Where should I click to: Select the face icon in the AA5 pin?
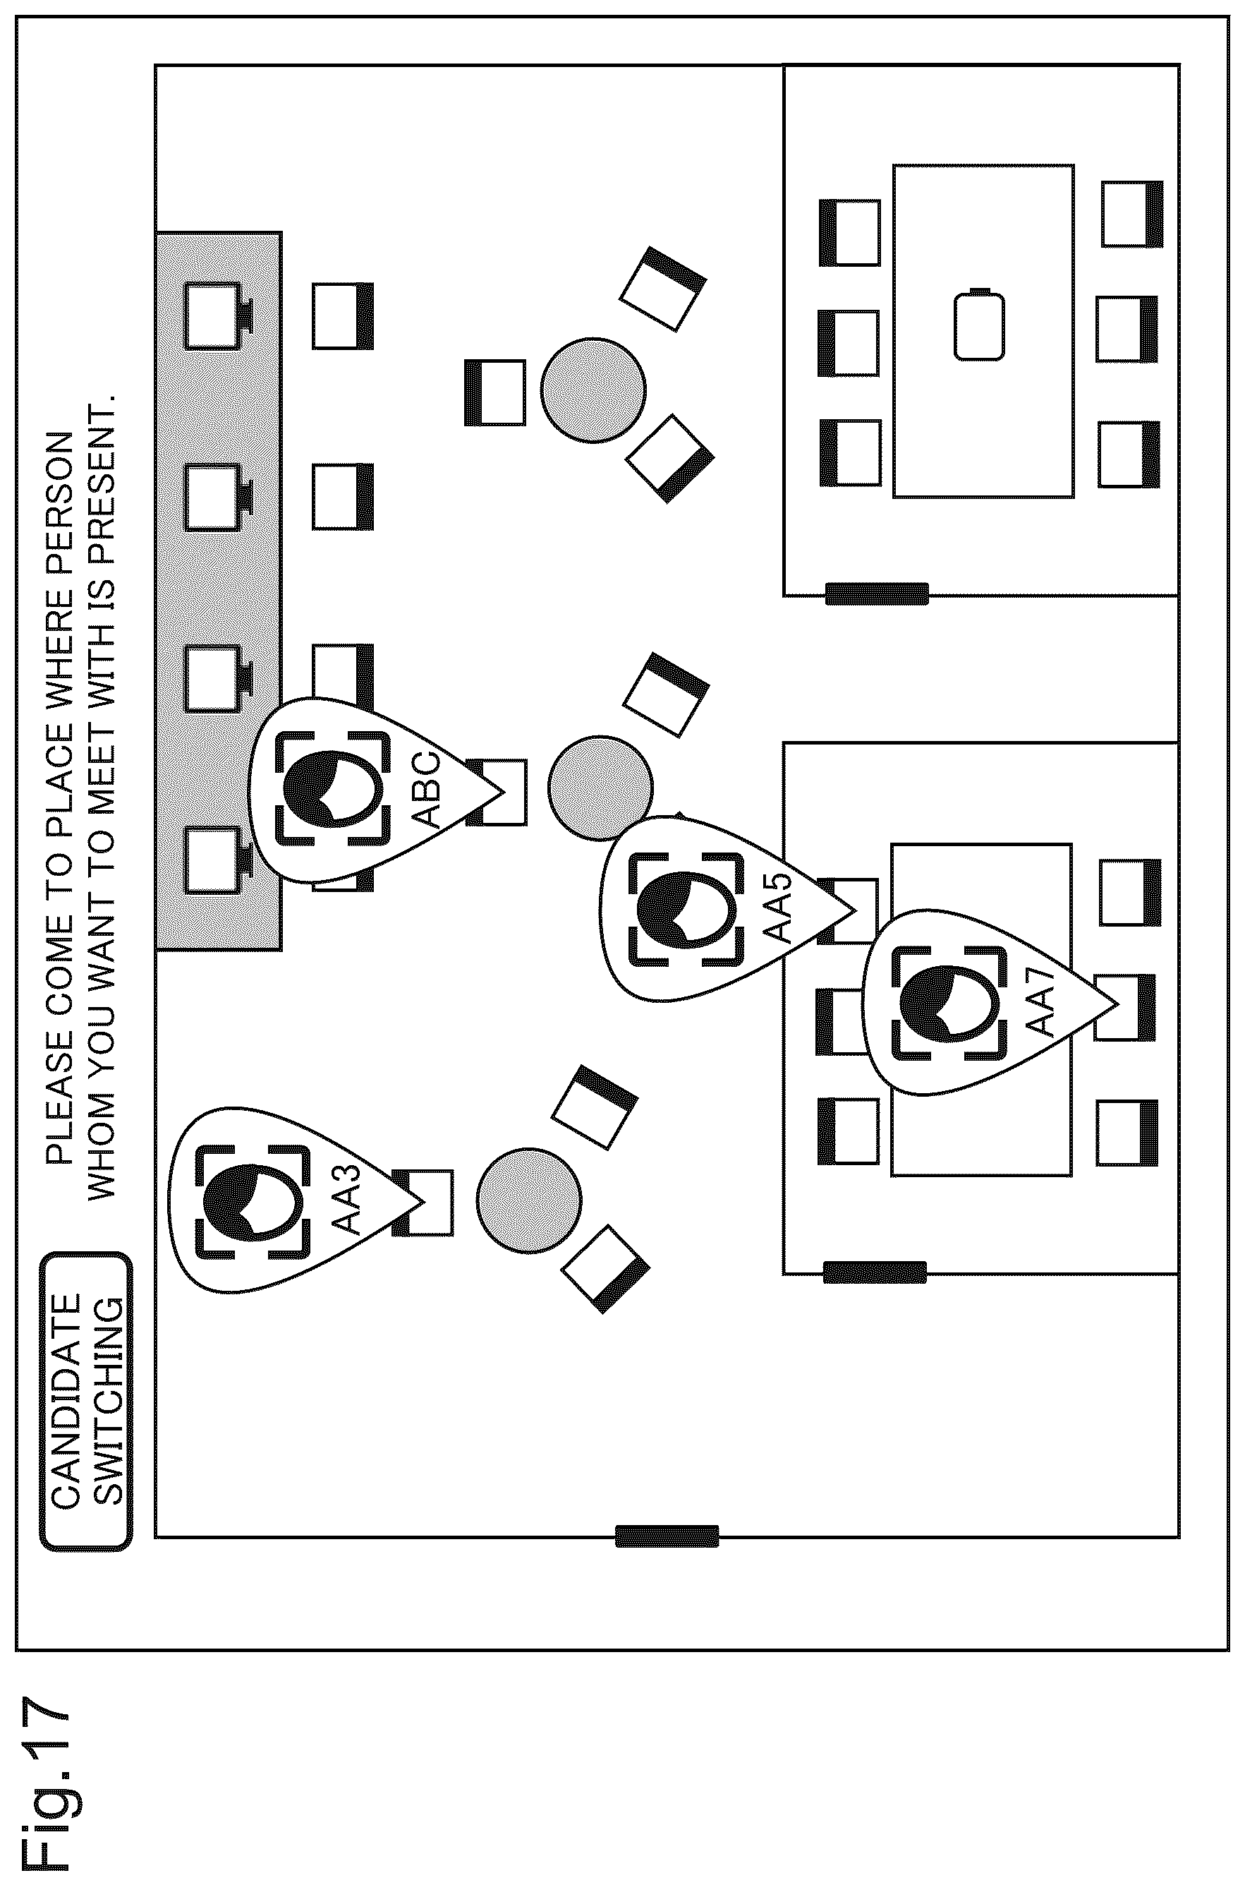point(687,910)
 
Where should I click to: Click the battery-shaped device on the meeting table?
point(978,325)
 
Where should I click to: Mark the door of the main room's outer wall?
point(667,1536)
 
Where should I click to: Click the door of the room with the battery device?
point(877,594)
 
